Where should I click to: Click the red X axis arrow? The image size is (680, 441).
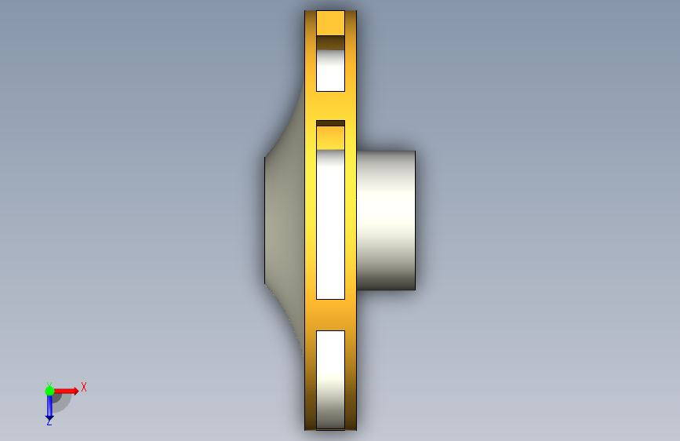[x=65, y=391]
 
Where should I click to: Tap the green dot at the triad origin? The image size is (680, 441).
[x=50, y=391]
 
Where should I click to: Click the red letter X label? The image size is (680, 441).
[x=84, y=387]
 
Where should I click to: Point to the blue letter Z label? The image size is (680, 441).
[x=49, y=422]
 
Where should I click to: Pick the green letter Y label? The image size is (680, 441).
[x=49, y=385]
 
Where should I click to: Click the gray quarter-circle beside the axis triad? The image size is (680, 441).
[x=63, y=403]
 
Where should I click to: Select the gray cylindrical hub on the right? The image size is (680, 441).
[x=386, y=220]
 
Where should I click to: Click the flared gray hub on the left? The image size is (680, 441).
[x=285, y=221]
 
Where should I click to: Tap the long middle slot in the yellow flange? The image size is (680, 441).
[x=330, y=224]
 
